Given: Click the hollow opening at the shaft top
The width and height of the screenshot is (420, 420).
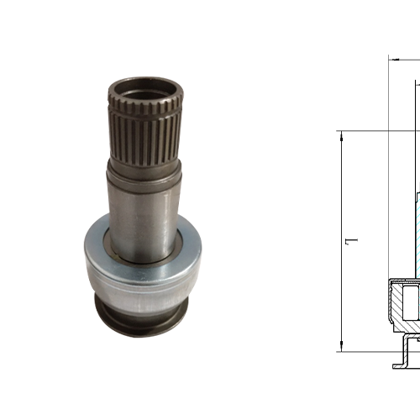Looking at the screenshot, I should point(144,86).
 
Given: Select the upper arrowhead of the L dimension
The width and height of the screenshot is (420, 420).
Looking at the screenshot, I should point(342,135).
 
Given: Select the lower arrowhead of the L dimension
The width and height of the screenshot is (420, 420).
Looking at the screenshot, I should point(342,347).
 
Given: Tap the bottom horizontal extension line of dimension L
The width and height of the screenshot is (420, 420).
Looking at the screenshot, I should point(370,352).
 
